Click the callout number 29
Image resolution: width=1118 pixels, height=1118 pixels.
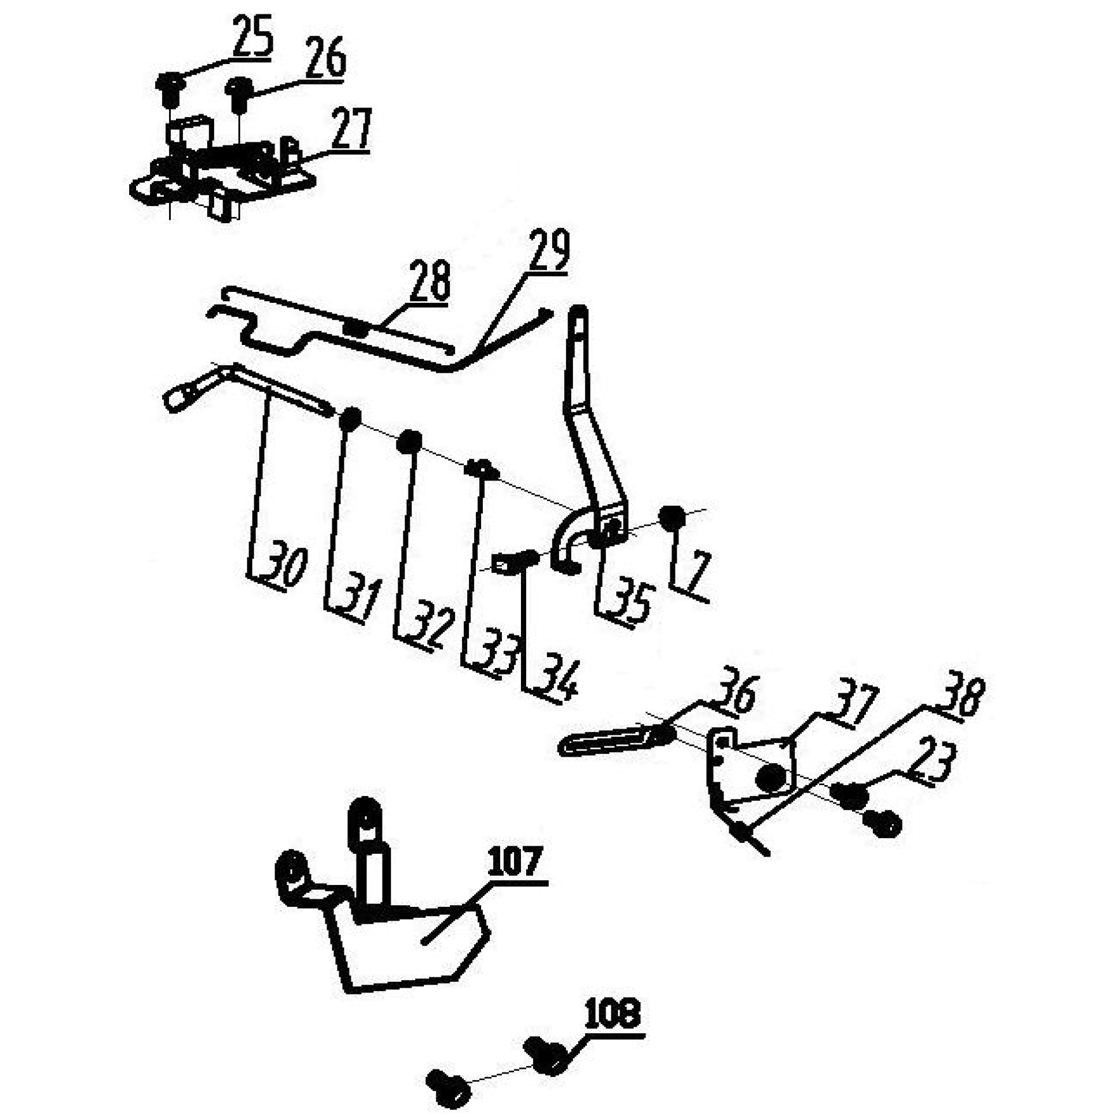point(549,249)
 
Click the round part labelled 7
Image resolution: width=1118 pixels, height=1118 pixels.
point(672,517)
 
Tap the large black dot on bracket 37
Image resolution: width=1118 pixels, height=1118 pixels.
point(771,778)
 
